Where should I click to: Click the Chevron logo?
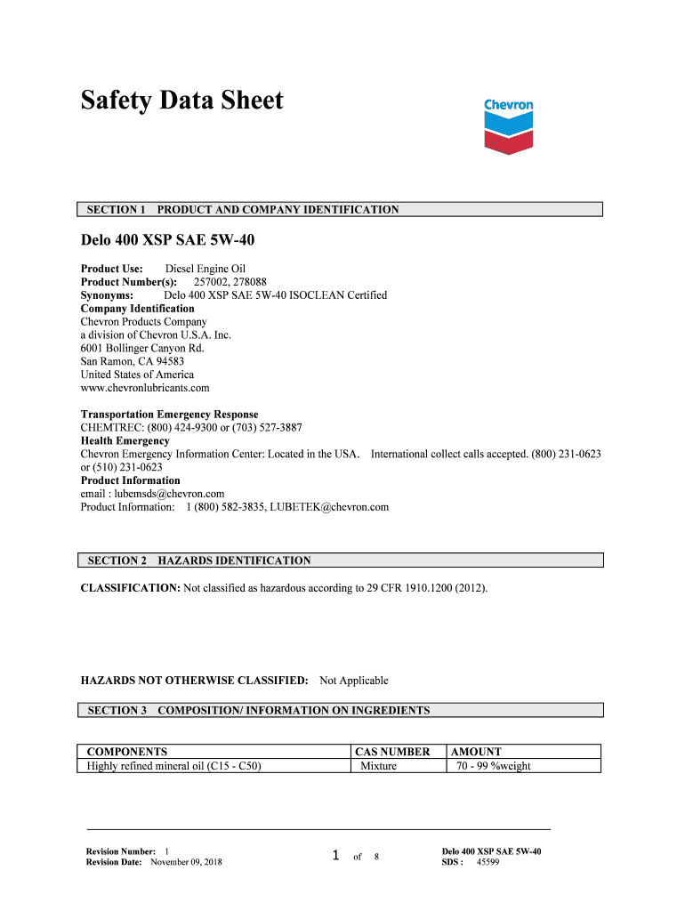coord(508,125)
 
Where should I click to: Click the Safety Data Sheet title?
coord(182,101)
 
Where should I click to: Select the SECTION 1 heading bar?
coord(340,210)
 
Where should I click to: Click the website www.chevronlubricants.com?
coord(145,388)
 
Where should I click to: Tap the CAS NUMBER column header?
coord(392,752)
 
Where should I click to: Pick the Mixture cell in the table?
coord(378,765)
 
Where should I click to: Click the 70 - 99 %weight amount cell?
coord(494,765)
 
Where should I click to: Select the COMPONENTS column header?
coord(126,752)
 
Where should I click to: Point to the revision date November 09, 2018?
coord(187,863)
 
